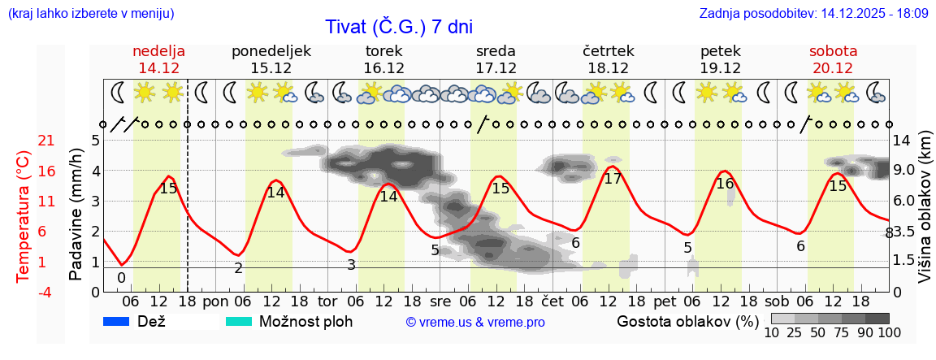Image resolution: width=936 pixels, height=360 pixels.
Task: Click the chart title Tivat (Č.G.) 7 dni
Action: (x=398, y=26)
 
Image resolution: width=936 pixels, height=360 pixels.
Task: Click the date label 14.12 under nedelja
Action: (x=159, y=68)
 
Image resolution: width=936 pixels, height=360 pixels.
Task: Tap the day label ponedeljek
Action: (x=271, y=51)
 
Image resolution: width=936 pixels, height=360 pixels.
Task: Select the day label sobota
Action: (x=833, y=51)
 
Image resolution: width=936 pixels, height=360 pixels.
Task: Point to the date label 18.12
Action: (x=608, y=68)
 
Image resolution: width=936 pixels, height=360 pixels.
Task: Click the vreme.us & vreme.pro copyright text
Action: (x=475, y=323)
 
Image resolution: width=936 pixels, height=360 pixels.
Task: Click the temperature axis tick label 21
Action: (x=24, y=141)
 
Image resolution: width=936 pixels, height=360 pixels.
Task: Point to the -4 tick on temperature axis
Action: (x=24, y=292)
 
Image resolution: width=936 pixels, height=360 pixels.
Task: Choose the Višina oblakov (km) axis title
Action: (x=925, y=215)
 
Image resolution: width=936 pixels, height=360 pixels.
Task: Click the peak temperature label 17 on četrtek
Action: (x=613, y=179)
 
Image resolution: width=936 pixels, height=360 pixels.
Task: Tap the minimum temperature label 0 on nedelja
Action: (x=121, y=278)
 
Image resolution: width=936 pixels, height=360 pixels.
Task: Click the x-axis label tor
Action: (x=328, y=301)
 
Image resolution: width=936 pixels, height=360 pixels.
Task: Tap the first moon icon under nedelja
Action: (x=119, y=93)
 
